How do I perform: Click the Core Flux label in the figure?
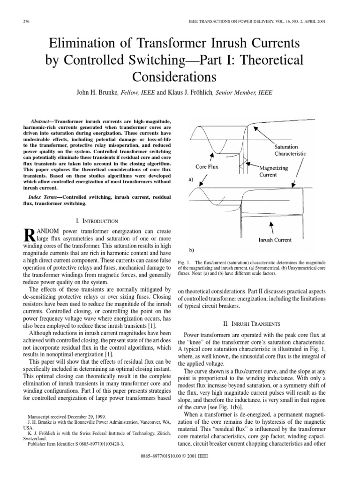[207, 166]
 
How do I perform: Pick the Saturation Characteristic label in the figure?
[290, 150]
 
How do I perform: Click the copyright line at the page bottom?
[180, 469]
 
